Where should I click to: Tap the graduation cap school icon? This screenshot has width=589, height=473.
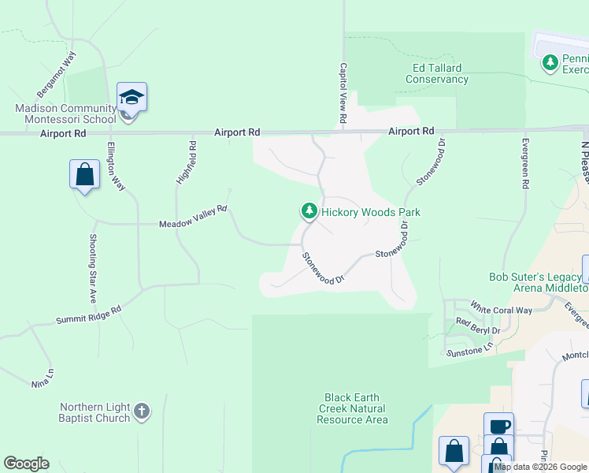click(132, 98)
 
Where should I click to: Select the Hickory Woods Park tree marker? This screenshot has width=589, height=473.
click(309, 211)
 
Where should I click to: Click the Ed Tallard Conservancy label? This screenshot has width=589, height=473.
click(435, 73)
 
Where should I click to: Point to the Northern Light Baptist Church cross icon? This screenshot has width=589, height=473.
click(141, 411)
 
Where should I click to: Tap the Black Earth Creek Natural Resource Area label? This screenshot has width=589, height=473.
click(352, 408)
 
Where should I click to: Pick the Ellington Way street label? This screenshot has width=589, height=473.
click(116, 165)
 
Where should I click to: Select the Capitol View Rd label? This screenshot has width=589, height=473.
click(343, 93)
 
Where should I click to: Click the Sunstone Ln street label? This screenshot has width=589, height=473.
click(470, 346)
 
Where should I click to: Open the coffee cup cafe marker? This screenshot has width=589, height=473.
click(498, 426)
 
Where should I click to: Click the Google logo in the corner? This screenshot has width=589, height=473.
click(26, 464)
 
